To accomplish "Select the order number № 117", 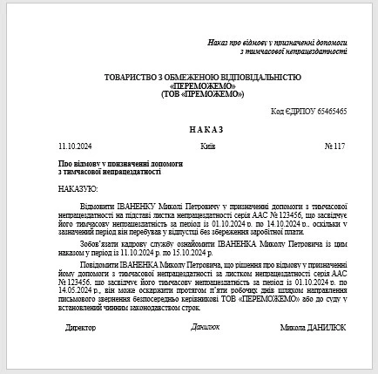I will tap(335, 145).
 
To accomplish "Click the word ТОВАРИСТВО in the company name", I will tap(130, 77).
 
